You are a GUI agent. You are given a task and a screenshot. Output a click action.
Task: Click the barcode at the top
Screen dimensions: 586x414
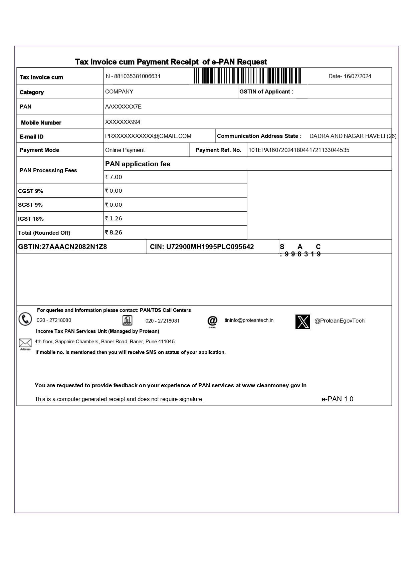[x=247, y=76]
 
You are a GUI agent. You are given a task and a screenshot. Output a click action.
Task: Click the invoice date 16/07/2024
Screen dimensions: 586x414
[x=350, y=76]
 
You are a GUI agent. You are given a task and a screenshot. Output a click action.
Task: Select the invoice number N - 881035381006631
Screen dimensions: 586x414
[x=133, y=76]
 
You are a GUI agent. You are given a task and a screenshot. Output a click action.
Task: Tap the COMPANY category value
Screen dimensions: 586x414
[x=119, y=91]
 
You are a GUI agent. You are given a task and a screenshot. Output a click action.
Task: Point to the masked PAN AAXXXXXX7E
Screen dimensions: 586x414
[x=123, y=107]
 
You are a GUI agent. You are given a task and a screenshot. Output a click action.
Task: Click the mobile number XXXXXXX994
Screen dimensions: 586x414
[x=123, y=122]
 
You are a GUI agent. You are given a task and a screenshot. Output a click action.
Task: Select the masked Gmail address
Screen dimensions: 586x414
[x=148, y=136]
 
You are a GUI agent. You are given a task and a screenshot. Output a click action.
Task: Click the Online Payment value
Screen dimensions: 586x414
[x=125, y=150]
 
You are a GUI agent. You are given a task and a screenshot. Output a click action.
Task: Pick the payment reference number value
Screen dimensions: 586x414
[x=299, y=150]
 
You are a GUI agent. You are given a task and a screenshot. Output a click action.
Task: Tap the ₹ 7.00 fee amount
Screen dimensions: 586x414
[x=114, y=177]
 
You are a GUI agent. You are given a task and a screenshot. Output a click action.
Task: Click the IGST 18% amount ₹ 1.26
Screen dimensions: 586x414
[x=114, y=218]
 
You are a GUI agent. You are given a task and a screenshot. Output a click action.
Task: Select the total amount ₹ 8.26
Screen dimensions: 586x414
[x=114, y=232]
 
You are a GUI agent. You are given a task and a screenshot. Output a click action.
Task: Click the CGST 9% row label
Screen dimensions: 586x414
[x=30, y=191]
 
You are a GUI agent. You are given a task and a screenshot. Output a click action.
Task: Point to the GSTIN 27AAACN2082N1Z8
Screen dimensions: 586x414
[x=62, y=247]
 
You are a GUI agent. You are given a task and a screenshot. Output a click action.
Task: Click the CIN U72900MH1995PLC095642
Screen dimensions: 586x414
[x=202, y=247]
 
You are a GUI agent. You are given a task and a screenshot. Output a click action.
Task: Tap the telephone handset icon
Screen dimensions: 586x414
[x=25, y=319]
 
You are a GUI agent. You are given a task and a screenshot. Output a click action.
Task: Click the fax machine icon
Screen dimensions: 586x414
[x=128, y=320]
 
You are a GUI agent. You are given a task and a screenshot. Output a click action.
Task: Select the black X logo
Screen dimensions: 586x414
[x=302, y=322]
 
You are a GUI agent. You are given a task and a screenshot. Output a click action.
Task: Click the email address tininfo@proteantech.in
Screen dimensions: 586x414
[x=249, y=320]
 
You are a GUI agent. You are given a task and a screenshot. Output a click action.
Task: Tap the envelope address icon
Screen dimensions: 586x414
[x=25, y=343]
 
